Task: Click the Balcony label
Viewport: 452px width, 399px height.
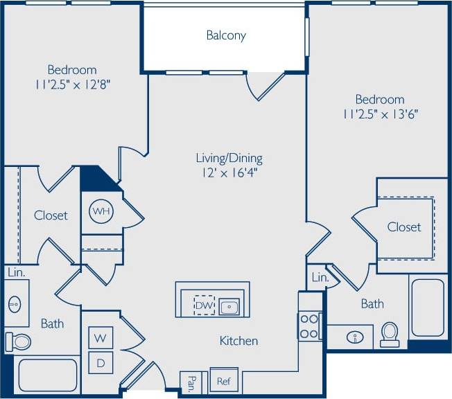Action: coord(226,35)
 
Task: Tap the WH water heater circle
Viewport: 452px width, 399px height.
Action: coord(101,211)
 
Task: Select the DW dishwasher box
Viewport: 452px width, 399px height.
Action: coord(203,305)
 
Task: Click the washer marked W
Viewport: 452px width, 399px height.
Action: coord(101,338)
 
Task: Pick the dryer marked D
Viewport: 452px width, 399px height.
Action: coord(101,362)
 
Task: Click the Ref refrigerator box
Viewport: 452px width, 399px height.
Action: coord(223,380)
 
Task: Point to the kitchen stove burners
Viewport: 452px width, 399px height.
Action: coord(310,326)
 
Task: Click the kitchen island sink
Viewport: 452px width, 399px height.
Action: coord(229,306)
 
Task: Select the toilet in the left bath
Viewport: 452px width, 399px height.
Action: coord(19,341)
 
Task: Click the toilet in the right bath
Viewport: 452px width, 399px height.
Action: coord(390,333)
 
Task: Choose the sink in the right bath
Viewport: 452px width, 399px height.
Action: coord(355,337)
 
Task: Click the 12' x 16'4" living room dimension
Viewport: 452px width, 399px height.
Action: coord(229,172)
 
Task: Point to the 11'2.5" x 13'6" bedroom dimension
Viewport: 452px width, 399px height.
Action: coord(379,114)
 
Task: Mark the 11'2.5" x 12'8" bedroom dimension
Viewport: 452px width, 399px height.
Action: coord(72,85)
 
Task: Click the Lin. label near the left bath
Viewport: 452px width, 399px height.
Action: coord(16,273)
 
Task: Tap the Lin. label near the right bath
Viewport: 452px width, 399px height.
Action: coord(320,278)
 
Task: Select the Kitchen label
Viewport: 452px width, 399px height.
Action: coord(239,341)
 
